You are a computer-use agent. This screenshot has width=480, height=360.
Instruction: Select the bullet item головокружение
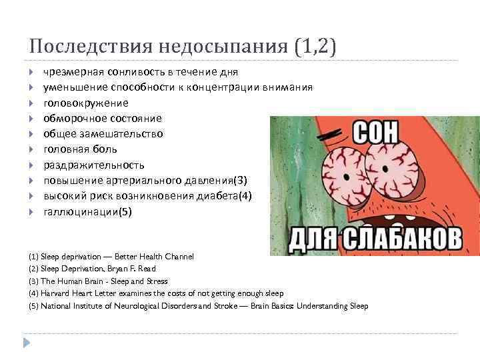click(x=86, y=103)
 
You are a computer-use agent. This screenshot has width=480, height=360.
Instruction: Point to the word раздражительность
click(x=93, y=165)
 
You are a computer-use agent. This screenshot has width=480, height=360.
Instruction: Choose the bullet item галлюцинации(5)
click(x=88, y=211)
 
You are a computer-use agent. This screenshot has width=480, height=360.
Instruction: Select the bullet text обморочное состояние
click(x=102, y=119)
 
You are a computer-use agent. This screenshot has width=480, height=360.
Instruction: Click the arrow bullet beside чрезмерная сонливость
click(x=33, y=72)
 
